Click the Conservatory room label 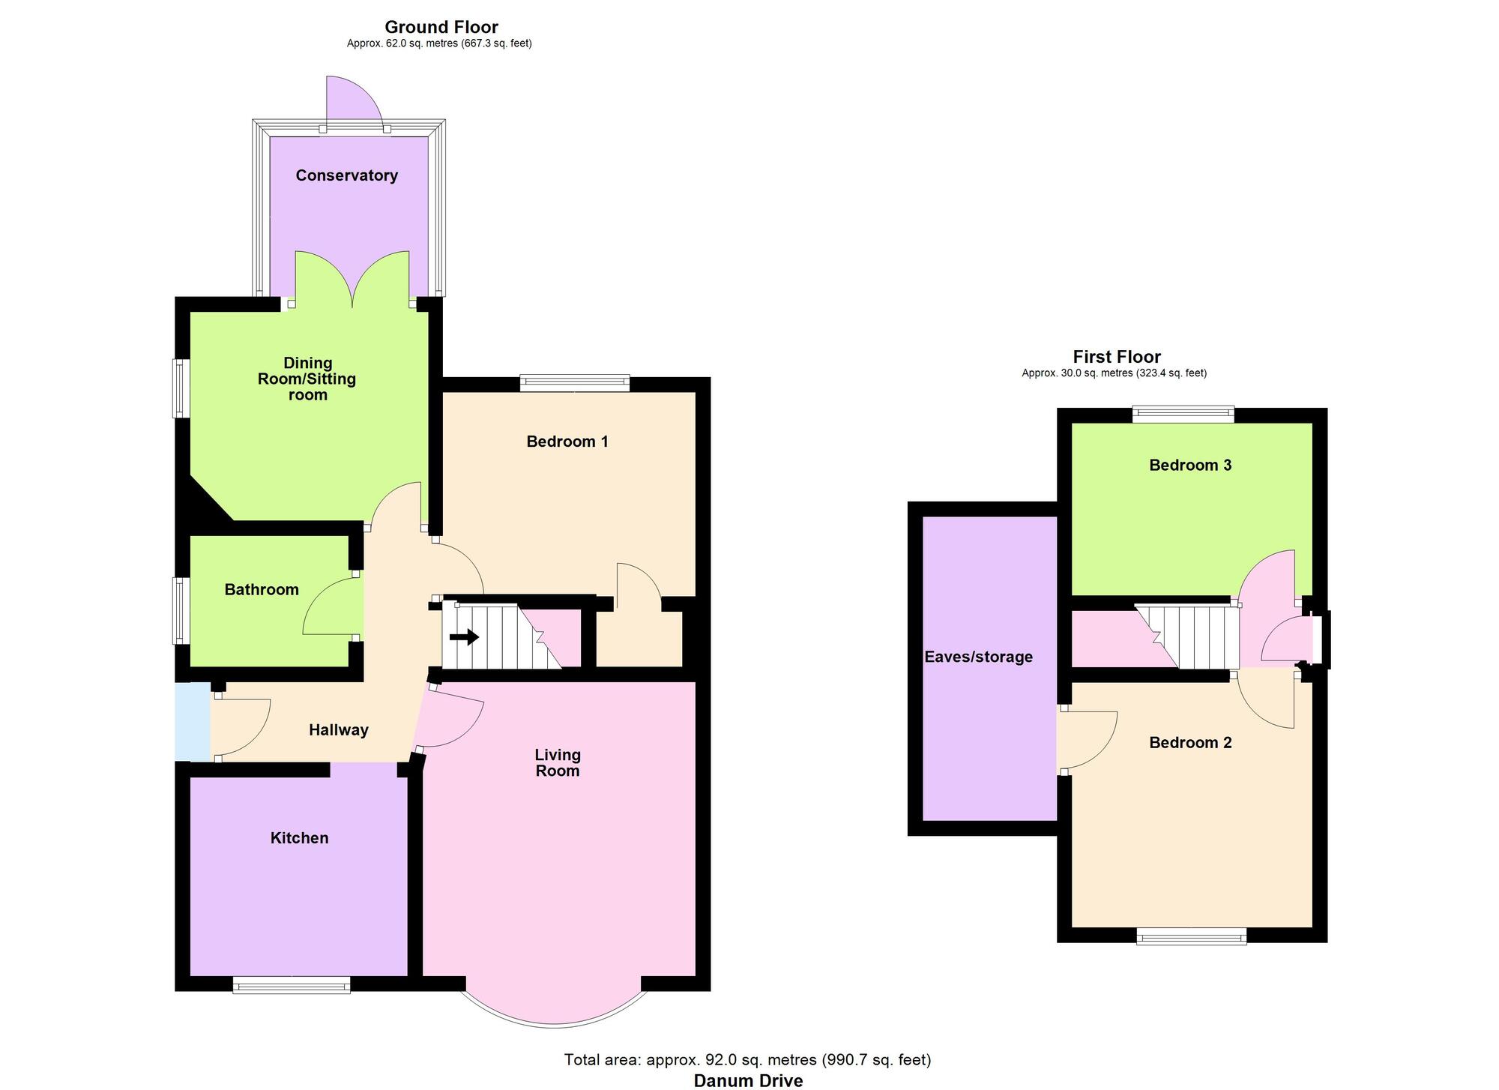[346, 175]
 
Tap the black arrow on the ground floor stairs [465, 637]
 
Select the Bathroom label [262, 590]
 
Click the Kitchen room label [299, 838]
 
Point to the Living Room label [558, 762]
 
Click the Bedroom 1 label [567, 442]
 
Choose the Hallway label [339, 730]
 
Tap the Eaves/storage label [978, 657]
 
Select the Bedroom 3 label [1190, 465]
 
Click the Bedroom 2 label [1190, 742]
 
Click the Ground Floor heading [441, 28]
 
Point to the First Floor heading [1116, 357]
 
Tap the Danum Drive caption [748, 1080]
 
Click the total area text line [747, 1059]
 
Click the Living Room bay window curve [553, 1023]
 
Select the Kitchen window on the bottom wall [292, 984]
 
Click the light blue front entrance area [192, 722]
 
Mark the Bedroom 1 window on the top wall [575, 383]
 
